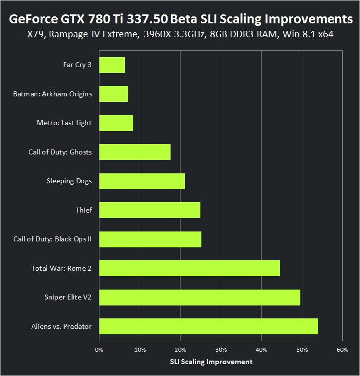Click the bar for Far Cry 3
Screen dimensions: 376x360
click(x=112, y=65)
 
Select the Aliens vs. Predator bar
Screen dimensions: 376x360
click(x=208, y=326)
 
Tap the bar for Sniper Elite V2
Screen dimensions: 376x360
click(x=199, y=298)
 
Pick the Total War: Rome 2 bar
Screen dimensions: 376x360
click(x=189, y=268)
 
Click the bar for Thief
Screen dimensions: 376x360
click(x=150, y=210)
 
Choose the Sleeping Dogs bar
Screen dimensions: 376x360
click(x=142, y=181)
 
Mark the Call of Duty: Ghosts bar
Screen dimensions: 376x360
click(x=135, y=152)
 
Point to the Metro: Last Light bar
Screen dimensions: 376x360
click(x=116, y=123)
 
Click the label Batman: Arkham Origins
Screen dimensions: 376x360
click(x=52, y=94)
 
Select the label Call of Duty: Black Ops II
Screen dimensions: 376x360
click(x=53, y=239)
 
